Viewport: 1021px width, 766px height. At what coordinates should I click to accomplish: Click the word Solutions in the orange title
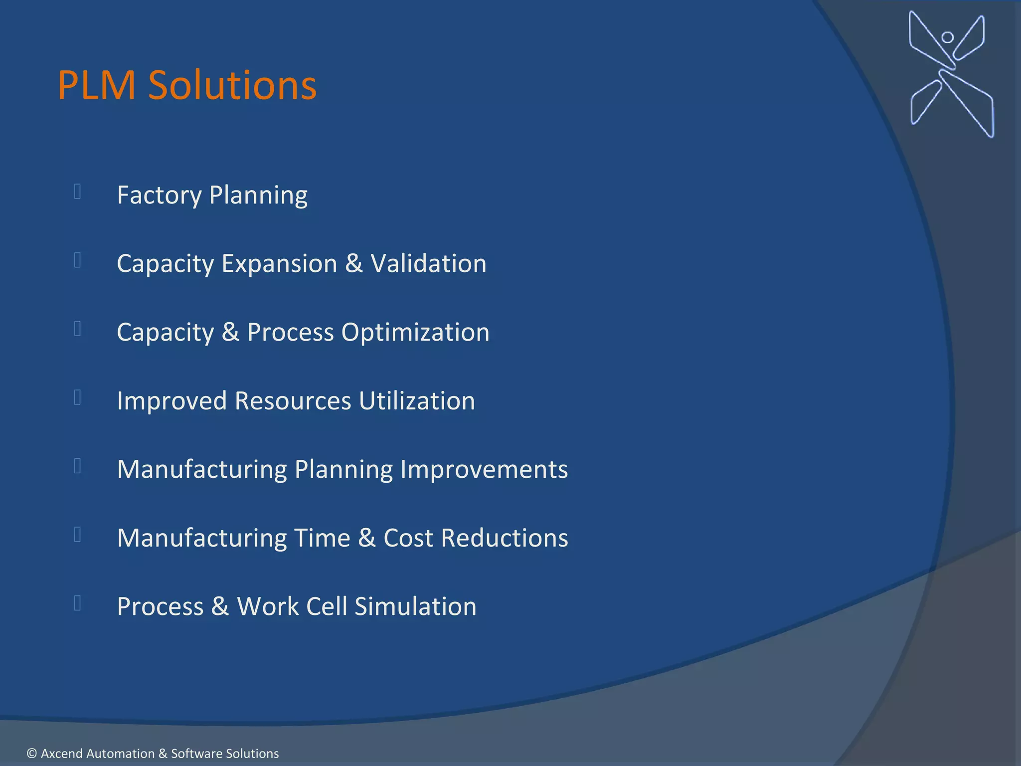tap(232, 85)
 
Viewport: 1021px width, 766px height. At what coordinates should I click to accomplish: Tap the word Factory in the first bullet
tap(159, 195)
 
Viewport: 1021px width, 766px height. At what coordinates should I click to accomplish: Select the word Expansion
tap(279, 263)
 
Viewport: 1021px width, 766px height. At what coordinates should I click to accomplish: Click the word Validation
tap(428, 263)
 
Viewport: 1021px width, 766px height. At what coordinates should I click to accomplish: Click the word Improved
tap(171, 401)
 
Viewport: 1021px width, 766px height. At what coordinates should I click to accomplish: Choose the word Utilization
tap(417, 401)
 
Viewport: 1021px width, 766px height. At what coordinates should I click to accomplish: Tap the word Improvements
tap(484, 469)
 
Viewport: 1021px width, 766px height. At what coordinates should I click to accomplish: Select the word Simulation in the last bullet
tap(415, 607)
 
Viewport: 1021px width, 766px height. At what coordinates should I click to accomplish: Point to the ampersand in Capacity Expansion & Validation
tap(353, 263)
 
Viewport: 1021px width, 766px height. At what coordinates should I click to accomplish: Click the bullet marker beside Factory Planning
tap(78, 191)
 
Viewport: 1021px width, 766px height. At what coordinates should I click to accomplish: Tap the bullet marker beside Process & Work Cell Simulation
tap(78, 603)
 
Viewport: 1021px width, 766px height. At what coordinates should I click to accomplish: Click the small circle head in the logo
tap(948, 37)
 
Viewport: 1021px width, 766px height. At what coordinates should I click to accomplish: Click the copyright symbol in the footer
tap(32, 754)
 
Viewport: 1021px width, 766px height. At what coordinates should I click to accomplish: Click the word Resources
tap(293, 401)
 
